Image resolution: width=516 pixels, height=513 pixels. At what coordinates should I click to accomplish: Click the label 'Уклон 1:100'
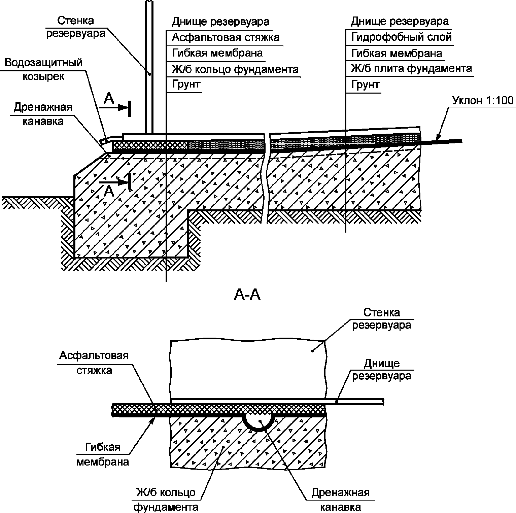[x=483, y=101]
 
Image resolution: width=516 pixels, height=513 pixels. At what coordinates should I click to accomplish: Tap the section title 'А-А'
[x=247, y=295]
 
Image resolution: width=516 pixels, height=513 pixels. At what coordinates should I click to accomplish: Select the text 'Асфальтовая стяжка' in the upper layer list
[x=226, y=37]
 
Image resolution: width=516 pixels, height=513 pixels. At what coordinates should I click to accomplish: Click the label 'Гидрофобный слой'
[x=401, y=37]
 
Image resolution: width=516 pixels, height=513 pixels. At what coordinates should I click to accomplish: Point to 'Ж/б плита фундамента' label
[x=411, y=69]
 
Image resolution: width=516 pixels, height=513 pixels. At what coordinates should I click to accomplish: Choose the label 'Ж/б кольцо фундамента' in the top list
[x=235, y=69]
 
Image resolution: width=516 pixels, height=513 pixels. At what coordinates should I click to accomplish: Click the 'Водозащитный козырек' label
[x=44, y=69]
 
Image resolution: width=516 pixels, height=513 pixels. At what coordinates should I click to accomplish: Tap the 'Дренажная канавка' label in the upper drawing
[x=43, y=114]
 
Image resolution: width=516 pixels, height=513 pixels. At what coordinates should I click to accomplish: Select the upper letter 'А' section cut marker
[x=109, y=98]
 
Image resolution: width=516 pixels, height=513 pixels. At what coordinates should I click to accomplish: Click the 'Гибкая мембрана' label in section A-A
[x=103, y=454]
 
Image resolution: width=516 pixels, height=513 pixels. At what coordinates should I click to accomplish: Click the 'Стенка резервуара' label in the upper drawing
[x=75, y=27]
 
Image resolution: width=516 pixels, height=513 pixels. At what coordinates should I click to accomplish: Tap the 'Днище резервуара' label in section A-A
[x=382, y=369]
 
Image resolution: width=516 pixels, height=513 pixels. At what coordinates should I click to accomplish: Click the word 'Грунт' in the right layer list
[x=365, y=84]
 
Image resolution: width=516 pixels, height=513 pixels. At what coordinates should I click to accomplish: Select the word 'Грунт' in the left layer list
[x=186, y=84]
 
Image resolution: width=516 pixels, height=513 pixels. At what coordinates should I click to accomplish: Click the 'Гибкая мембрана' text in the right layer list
[x=397, y=53]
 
